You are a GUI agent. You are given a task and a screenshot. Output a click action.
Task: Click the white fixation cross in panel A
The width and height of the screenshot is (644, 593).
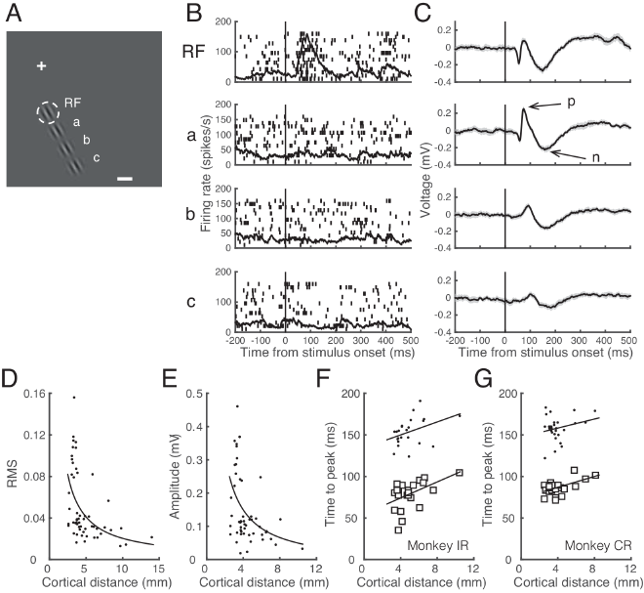41,65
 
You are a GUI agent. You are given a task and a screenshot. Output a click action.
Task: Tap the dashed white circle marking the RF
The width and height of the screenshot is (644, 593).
51,114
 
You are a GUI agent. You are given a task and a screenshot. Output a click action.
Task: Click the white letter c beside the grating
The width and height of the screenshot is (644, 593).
96,157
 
